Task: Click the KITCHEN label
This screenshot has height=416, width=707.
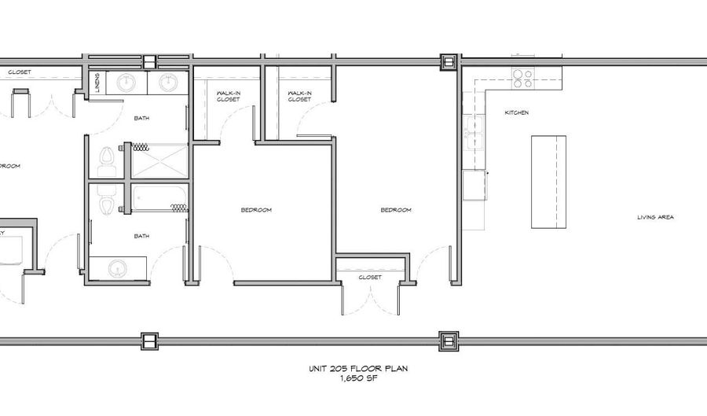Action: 516,113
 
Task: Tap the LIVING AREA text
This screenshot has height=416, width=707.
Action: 655,218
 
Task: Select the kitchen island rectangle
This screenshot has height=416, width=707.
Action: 548,182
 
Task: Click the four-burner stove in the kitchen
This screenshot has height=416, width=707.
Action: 522,78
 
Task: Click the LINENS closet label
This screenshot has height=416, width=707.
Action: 97,83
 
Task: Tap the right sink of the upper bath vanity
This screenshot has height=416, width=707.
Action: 167,82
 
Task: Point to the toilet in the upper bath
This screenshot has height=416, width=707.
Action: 108,161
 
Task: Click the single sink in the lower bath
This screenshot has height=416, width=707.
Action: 118,267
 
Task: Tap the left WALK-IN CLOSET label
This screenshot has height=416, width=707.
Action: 228,96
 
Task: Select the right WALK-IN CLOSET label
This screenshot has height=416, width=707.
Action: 299,96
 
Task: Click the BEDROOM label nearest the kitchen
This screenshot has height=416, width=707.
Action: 396,210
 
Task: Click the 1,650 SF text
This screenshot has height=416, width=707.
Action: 357,378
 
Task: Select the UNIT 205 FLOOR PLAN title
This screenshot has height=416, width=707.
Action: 357,368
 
